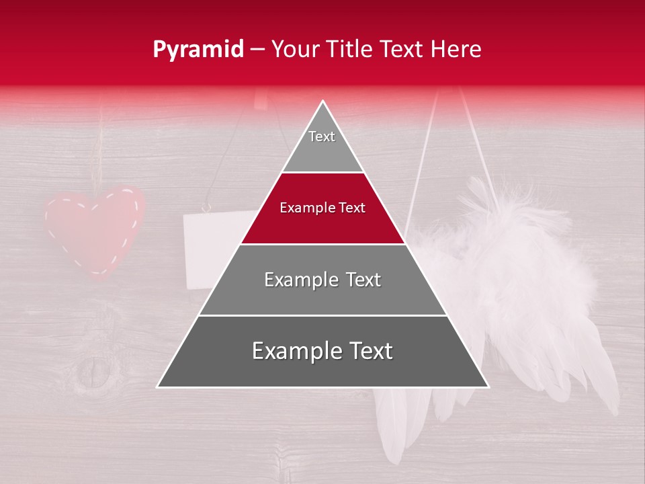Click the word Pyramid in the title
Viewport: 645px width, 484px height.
point(198,50)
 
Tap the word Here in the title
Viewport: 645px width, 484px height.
point(456,50)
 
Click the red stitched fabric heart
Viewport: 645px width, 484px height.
point(94,229)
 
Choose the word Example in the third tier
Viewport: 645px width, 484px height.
point(294,280)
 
